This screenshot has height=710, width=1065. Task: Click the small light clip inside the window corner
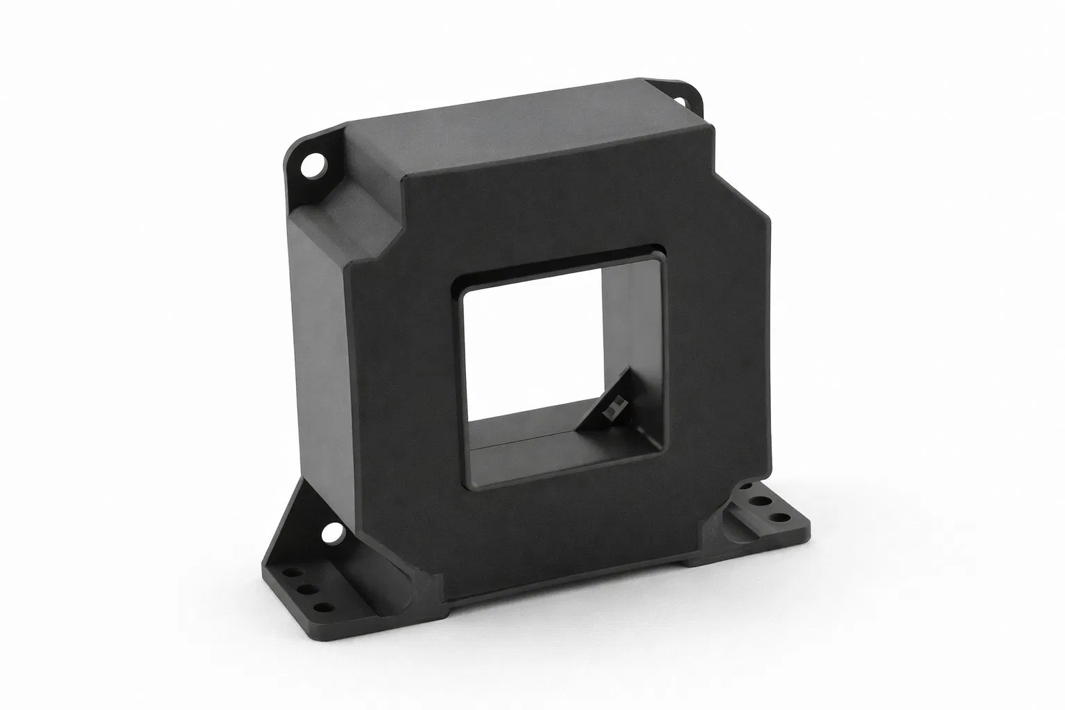click(x=610, y=412)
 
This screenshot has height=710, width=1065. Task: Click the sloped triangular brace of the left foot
click(x=305, y=527)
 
